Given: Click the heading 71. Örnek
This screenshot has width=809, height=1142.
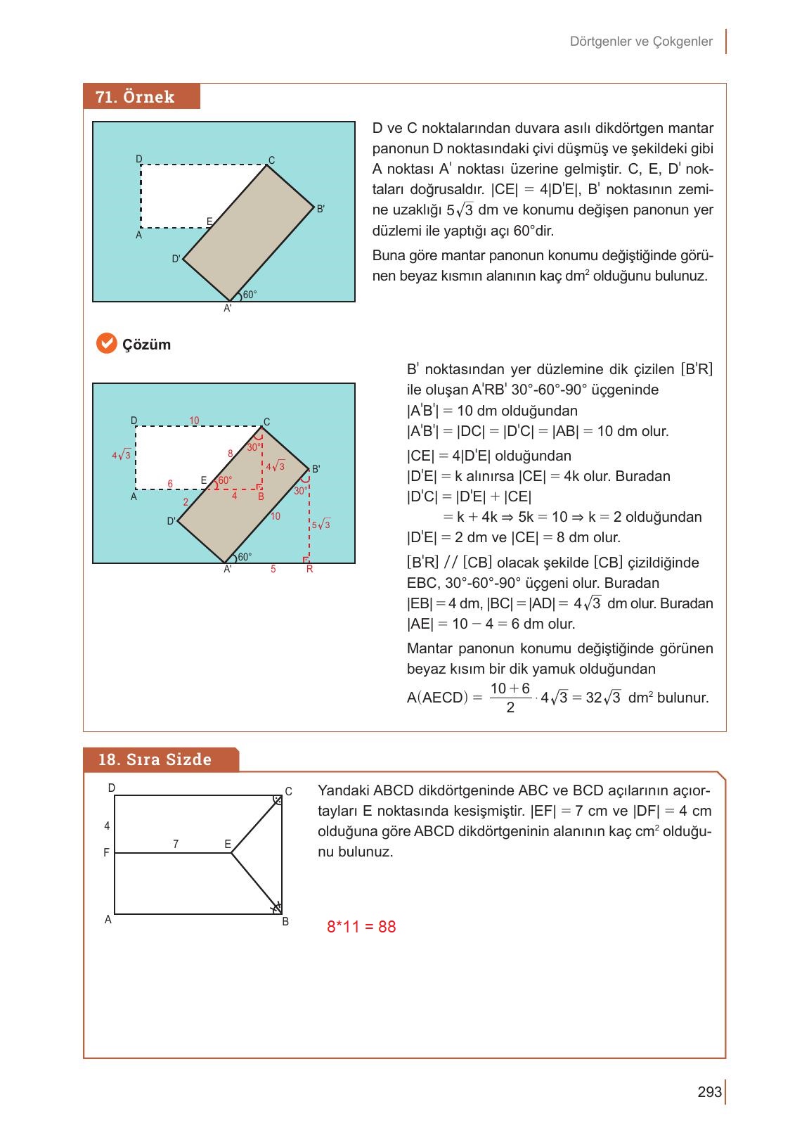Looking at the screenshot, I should click(135, 97).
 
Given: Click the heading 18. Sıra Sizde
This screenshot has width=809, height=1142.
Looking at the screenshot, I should click(155, 759).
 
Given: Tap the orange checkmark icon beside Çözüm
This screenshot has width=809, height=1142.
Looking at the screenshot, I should click(105, 343).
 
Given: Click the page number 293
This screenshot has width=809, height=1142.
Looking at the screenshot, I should click(710, 1092).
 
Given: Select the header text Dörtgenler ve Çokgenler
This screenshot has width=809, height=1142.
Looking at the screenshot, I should click(641, 41).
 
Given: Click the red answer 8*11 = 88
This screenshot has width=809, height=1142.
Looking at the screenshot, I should click(361, 927).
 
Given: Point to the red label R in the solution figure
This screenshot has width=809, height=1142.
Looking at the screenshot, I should click(309, 570).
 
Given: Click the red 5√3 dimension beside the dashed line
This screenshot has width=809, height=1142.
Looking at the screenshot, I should click(321, 525).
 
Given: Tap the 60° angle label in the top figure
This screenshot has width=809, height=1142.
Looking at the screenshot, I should click(250, 295).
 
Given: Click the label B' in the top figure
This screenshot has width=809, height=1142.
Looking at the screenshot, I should click(321, 209).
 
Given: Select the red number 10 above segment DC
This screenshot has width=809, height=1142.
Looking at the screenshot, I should click(194, 421).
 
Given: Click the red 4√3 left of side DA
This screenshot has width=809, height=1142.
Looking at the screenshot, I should click(121, 455).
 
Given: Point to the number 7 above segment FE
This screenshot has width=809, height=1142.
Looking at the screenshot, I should click(176, 845).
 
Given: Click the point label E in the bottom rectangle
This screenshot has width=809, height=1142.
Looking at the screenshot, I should click(228, 844).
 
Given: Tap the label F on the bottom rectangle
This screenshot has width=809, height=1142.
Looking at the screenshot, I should click(107, 853).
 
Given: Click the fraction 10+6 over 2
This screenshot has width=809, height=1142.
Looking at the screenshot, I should click(510, 698).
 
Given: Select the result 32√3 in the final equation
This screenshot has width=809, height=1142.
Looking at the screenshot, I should click(602, 698).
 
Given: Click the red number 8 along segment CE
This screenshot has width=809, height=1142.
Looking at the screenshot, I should click(230, 454).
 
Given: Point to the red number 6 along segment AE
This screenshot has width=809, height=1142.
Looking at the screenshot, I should click(170, 484).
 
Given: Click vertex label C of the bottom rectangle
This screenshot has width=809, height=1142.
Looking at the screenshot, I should click(288, 791).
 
